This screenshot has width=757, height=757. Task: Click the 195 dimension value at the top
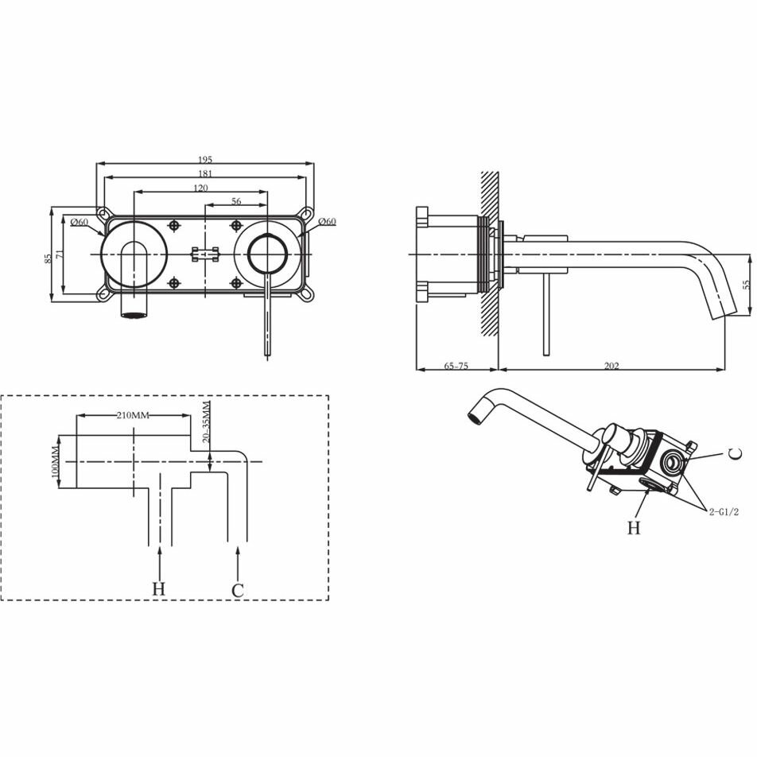coord(205,159)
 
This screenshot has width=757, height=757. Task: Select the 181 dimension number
coord(205,173)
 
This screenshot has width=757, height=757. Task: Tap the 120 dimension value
coord(201,188)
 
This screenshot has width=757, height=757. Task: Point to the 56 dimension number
coord(236,201)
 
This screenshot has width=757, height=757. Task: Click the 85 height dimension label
coord(48,258)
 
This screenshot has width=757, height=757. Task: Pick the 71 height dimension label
coord(59,254)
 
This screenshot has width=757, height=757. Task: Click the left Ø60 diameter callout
coord(80,222)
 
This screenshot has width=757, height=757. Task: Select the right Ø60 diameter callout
coord(328,221)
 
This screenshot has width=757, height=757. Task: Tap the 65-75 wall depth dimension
coord(456,366)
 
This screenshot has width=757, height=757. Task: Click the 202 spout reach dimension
coord(611,366)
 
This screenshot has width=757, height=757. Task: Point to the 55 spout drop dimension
coord(747,285)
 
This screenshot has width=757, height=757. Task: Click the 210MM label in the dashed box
coord(133,415)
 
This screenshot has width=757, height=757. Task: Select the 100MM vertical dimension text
coord(54,462)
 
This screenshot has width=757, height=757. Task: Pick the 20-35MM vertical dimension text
coord(206,422)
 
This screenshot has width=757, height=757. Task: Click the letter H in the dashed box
coord(159,589)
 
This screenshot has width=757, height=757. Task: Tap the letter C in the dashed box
coord(238,590)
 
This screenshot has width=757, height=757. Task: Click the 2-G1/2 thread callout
coord(724,512)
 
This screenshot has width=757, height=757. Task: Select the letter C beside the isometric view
coord(734,454)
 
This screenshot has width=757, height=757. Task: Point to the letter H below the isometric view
coord(634,528)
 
